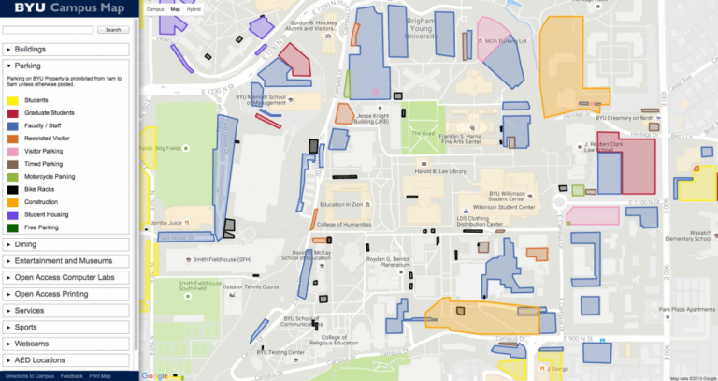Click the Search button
(x=113, y=30)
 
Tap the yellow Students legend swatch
(x=13, y=99)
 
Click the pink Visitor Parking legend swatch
(x=13, y=150)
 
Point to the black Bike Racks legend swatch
(x=13, y=188)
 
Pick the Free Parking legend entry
(x=37, y=227)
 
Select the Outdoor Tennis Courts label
(x=251, y=286)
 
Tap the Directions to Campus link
(x=28, y=376)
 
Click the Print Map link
(x=99, y=376)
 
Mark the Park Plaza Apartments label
(x=686, y=309)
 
